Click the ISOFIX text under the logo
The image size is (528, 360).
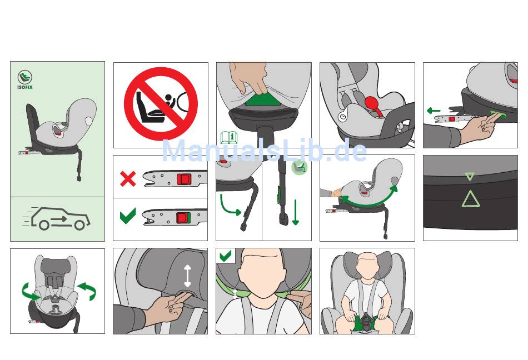25,87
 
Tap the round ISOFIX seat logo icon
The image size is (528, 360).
25,77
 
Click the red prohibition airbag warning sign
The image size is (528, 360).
161,104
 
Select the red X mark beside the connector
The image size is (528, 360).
128,179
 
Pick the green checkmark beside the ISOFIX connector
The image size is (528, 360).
128,216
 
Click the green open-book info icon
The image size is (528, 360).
228,138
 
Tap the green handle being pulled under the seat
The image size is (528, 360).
263,99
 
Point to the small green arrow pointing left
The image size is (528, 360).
434,111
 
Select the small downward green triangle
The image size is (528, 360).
470,176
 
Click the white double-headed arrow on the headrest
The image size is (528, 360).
187,276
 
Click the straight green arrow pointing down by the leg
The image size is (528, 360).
295,212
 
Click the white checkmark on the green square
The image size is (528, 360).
225,256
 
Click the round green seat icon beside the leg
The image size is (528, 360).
300,167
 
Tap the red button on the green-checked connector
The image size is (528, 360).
182,218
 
